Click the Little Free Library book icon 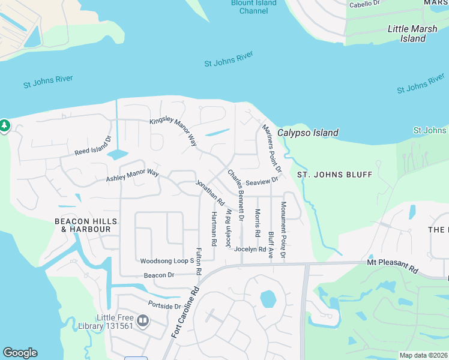coord(143,321)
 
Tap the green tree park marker coord(4,125)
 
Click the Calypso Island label coord(307,133)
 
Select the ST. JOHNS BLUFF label coord(335,175)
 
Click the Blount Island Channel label coord(254,7)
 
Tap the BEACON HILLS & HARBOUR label coord(83,225)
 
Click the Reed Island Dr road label coord(93,147)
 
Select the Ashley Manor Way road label coord(132,176)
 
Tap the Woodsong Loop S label coord(167,261)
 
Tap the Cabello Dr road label coord(365,4)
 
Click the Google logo coord(20,353)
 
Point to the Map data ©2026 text coord(423,355)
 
